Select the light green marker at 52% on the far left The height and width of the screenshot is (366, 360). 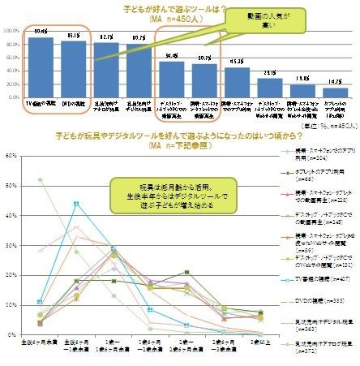(x=40, y=179)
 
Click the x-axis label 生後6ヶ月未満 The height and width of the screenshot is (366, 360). (x=40, y=345)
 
